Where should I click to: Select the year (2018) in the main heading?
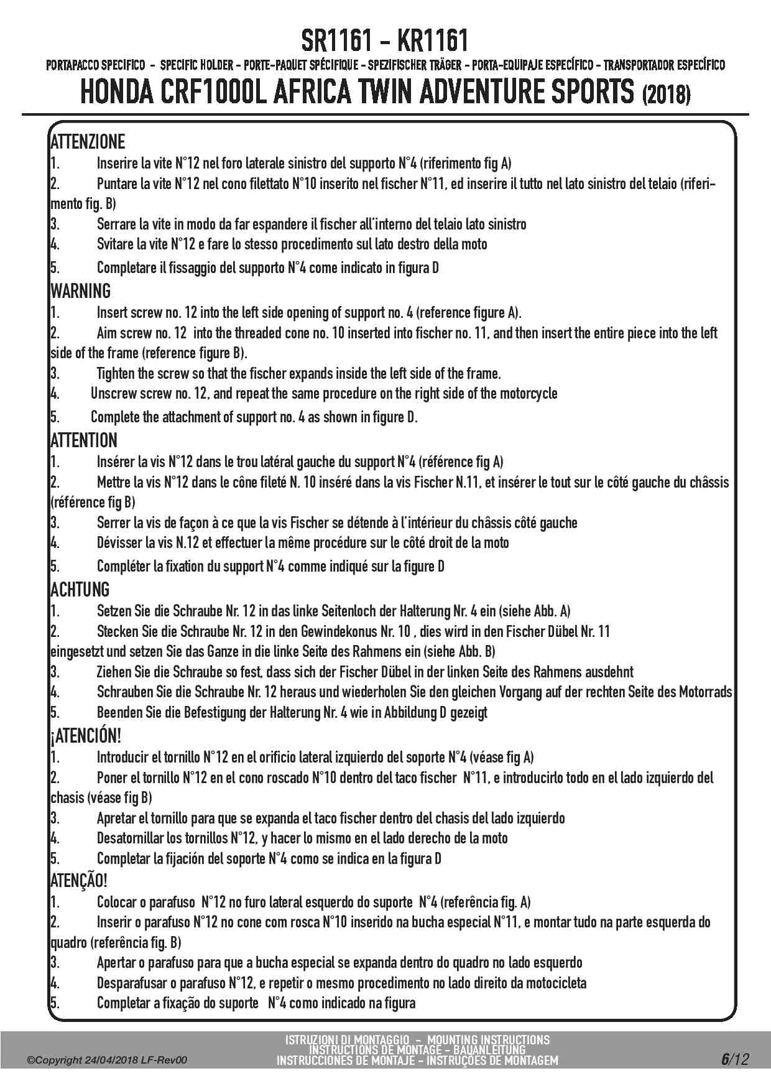(x=665, y=95)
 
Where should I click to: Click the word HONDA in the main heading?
(x=118, y=93)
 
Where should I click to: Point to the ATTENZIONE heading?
(x=87, y=142)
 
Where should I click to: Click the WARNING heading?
(x=80, y=291)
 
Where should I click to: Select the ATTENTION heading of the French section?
(x=83, y=440)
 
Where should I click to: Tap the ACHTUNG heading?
(x=80, y=590)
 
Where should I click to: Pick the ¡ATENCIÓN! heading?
(x=85, y=736)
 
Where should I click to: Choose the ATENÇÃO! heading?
(x=78, y=881)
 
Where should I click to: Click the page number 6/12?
(x=735, y=1059)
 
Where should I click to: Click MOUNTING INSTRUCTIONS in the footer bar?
(x=488, y=1040)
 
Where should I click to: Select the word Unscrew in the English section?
(x=114, y=394)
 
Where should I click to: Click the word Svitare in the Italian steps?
(x=116, y=244)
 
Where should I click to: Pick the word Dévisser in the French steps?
(x=119, y=543)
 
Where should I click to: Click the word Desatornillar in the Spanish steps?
(x=131, y=838)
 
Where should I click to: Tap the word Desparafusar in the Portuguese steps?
(x=132, y=983)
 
